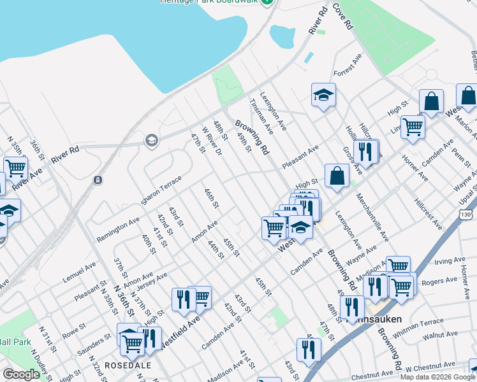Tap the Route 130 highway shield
(x=467, y=216)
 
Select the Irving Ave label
(x=450, y=261)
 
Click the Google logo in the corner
(x=21, y=374)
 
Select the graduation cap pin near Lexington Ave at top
(x=323, y=95)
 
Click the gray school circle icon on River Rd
(x=151, y=140)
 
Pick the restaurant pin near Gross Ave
(x=365, y=152)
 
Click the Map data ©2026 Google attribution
(x=437, y=377)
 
